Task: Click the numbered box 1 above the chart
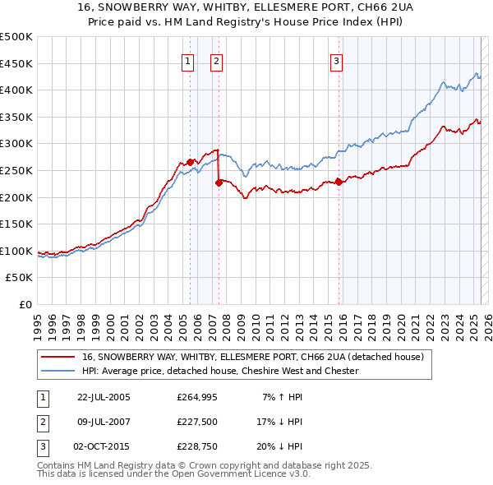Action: (188, 60)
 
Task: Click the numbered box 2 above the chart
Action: (216, 60)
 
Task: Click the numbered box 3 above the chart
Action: (337, 60)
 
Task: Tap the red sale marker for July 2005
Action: (190, 162)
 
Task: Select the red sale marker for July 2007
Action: (219, 182)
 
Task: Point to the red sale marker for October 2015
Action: (339, 182)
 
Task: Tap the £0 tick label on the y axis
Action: (25, 304)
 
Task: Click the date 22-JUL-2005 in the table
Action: (104, 397)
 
